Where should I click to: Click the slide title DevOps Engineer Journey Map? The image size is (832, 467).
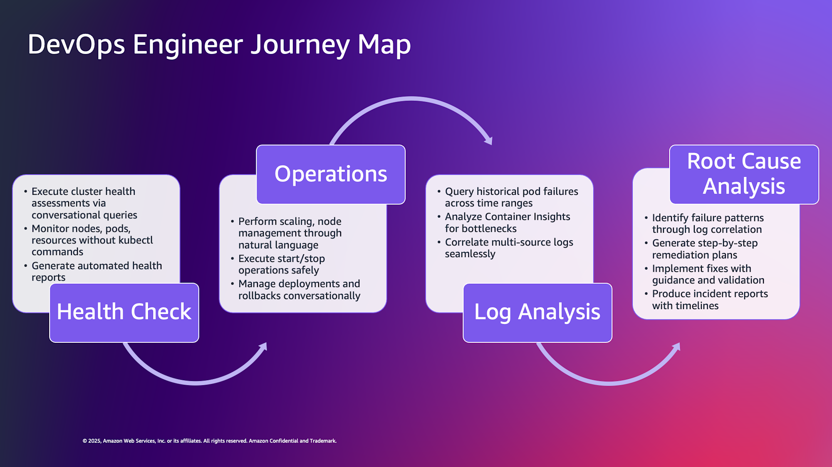click(x=219, y=44)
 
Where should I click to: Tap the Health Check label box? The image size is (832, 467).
click(x=124, y=312)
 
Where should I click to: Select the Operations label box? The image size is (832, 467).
click(x=331, y=174)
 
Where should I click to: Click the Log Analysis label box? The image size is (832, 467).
click(x=537, y=312)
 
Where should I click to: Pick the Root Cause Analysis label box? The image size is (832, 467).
click(x=744, y=174)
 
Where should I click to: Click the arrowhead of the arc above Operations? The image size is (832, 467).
click(x=489, y=140)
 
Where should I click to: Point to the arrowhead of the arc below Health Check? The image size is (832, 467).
click(x=263, y=346)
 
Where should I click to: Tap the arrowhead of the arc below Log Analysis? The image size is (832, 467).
click(x=677, y=346)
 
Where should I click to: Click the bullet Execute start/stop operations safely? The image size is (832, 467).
click(x=281, y=264)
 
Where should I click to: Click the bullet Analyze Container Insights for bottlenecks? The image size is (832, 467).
click(x=507, y=223)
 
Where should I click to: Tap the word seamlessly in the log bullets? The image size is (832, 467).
click(x=470, y=254)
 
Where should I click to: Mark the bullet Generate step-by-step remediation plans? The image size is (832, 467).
click(x=705, y=249)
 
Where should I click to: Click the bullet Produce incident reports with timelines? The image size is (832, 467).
click(x=710, y=300)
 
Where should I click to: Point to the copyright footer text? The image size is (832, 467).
click(x=210, y=441)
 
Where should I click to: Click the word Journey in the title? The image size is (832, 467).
click(x=300, y=44)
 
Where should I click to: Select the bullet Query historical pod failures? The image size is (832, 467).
click(x=511, y=197)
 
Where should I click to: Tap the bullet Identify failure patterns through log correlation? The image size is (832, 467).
click(x=708, y=224)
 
